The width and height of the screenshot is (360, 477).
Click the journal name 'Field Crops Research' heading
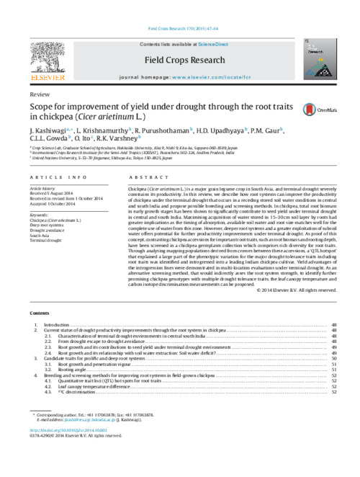coord(179,41)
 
